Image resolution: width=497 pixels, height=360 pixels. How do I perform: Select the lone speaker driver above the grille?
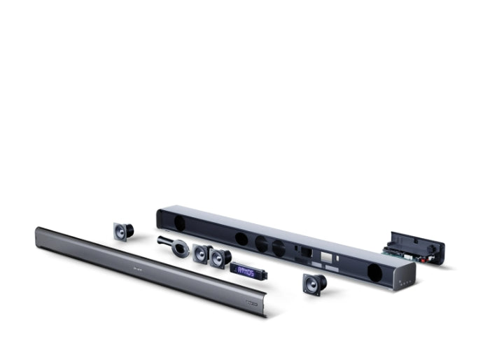[x=124, y=230]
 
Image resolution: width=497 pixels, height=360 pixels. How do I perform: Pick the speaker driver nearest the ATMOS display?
[x=220, y=257]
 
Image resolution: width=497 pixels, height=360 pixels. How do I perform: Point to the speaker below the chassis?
[x=313, y=284]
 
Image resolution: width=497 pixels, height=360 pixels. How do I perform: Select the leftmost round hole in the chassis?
[x=178, y=223]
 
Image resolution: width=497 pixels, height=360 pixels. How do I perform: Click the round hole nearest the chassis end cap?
[x=374, y=272]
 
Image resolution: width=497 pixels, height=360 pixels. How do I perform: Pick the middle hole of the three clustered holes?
[x=261, y=244]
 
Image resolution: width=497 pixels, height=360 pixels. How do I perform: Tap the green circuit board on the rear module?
[x=400, y=250]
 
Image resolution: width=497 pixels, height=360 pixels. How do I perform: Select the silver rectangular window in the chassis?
[x=327, y=260]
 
